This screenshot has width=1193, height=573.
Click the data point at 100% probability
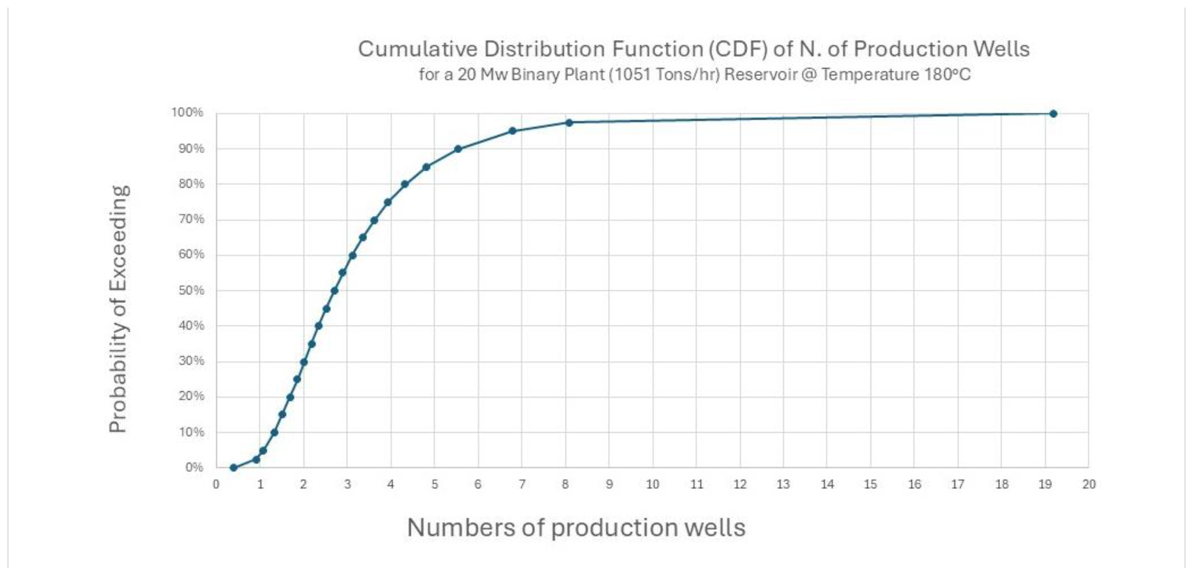[1053, 113]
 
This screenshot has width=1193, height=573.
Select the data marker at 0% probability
[234, 467]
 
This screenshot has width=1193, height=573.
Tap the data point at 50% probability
[334, 290]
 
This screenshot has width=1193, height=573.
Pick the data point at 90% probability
[458, 149]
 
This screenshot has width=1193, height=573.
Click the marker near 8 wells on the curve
[569, 122]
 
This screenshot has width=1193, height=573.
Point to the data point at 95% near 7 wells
[512, 131]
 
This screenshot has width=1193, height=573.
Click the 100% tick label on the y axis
[187, 112]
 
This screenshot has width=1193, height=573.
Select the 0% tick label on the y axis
[194, 467]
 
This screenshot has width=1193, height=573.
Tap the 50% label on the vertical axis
[191, 290]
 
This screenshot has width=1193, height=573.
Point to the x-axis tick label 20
[1089, 485]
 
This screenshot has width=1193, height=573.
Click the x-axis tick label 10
[653, 485]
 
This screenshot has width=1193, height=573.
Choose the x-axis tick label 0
[216, 485]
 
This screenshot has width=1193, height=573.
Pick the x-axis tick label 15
[870, 485]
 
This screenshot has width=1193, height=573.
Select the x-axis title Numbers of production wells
[576, 528]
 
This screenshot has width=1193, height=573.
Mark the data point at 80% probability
[404, 184]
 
